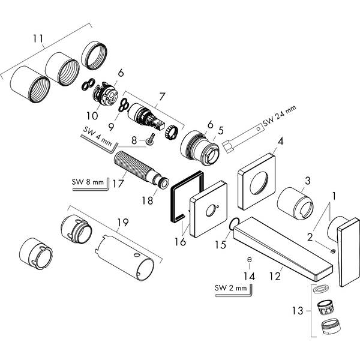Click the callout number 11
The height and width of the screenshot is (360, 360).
[38, 40]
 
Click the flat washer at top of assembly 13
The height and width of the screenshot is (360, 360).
[320, 288]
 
